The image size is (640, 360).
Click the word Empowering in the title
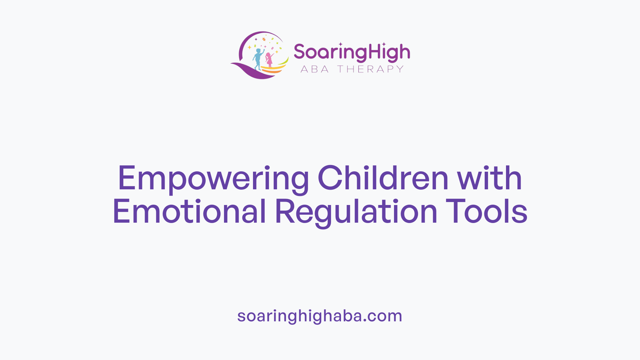pyautogui.click(x=213, y=179)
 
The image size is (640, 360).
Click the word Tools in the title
pyautogui.click(x=487, y=212)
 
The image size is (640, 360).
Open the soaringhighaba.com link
pyautogui.click(x=320, y=316)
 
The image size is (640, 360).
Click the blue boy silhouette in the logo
pyautogui.click(x=258, y=59)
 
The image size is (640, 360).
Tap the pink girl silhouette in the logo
pyautogui.click(x=269, y=60)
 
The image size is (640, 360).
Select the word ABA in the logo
pyautogui.click(x=315, y=69)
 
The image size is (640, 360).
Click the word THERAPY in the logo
pyautogui.click(x=370, y=69)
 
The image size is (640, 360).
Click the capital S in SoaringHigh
pyautogui.click(x=299, y=52)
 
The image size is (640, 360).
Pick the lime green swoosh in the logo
pyautogui.click(x=284, y=62)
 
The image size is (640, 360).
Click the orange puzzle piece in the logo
pyautogui.click(x=264, y=39)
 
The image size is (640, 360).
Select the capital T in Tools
pyautogui.click(x=453, y=212)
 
